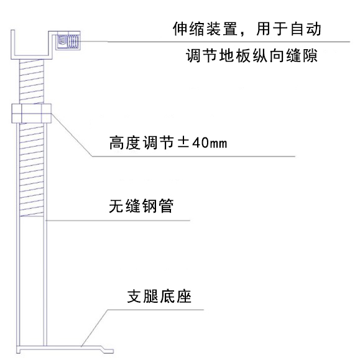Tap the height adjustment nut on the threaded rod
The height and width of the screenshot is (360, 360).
[32, 113]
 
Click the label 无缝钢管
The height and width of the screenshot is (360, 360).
[141, 206]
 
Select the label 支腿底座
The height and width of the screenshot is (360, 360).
[159, 297]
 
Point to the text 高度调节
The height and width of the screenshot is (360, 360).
[141, 143]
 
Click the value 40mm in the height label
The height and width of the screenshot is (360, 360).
[210, 143]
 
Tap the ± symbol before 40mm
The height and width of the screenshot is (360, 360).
[183, 142]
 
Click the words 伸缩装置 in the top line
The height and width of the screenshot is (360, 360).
[205, 29]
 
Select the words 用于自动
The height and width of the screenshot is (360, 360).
[288, 29]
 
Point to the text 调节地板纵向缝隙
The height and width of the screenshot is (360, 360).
[252, 55]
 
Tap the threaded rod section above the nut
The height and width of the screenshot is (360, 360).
[32, 81]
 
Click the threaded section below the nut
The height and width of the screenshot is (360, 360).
[32, 170]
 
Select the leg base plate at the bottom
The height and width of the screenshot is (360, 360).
[65, 349]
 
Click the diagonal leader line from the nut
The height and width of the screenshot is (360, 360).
[72, 135]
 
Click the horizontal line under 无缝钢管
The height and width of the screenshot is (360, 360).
[118, 221]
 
